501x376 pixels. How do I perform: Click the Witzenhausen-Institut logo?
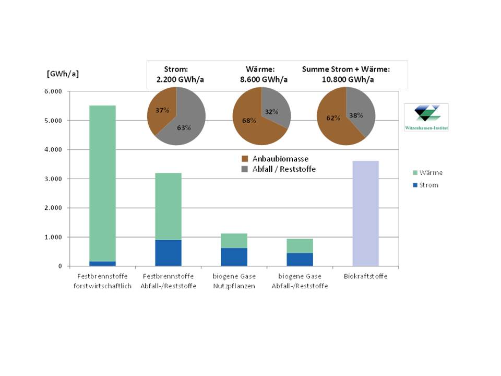pyautogui.click(x=426, y=117)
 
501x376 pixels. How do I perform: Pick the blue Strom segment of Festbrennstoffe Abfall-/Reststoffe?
pyautogui.click(x=168, y=253)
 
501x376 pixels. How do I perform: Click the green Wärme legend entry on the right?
pyautogui.click(x=425, y=172)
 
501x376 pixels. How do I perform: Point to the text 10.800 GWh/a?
pyautogui.click(x=346, y=79)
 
